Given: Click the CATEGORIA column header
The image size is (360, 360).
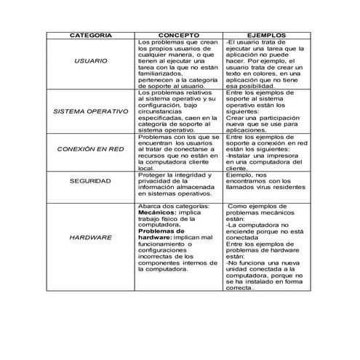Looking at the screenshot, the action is [x=90, y=34].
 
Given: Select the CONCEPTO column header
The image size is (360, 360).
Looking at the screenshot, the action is [x=179, y=34].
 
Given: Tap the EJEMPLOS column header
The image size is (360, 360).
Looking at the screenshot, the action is [x=266, y=34].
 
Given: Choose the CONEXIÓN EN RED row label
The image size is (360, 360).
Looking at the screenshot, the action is [x=90, y=148].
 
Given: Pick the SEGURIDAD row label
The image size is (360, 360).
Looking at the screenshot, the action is [x=90, y=180].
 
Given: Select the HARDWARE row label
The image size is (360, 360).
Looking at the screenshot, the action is [x=90, y=238].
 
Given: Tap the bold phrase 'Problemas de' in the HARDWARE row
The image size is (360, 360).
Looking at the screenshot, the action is [x=161, y=231].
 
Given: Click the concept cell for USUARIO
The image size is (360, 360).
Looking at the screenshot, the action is [x=179, y=64].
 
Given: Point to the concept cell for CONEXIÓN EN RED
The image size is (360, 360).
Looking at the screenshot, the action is [x=179, y=152].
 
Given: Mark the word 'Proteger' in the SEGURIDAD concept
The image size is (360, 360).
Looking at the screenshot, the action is [x=151, y=175].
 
